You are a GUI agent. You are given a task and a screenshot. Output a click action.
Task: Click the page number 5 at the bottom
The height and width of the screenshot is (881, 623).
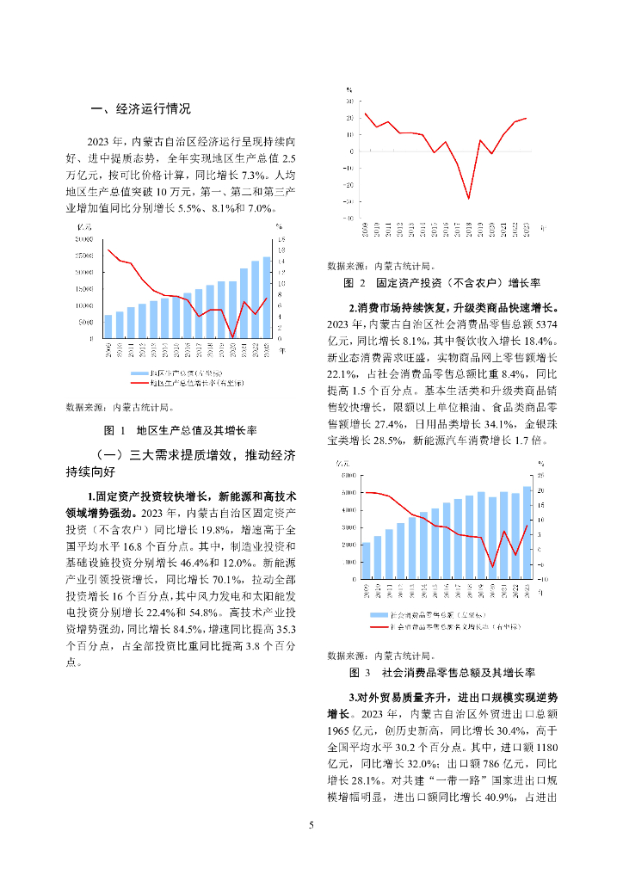point(311,826)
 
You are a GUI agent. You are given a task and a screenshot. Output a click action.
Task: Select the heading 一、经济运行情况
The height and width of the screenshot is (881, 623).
point(140,109)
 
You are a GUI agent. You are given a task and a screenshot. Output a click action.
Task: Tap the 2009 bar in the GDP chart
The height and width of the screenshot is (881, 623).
point(108,327)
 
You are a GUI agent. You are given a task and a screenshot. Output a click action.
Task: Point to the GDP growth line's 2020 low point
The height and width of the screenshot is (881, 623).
point(232,336)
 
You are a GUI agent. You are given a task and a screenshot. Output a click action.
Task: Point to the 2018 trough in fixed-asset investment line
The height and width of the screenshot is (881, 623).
point(469,198)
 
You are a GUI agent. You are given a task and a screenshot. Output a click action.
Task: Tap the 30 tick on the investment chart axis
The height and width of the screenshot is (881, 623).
point(349,101)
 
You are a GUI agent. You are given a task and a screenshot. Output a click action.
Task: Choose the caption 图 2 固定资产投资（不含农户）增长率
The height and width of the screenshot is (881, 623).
point(441,282)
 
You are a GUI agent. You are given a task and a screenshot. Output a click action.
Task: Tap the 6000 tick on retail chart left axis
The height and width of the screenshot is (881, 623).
point(349,475)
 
